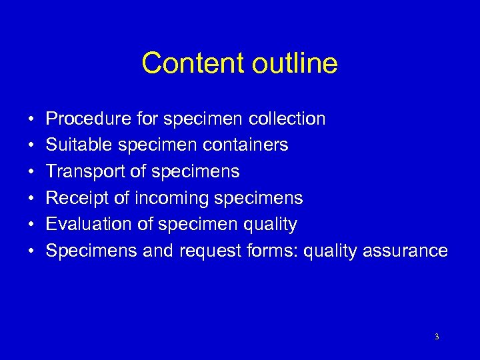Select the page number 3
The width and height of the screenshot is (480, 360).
tap(437, 337)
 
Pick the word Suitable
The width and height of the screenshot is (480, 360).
tap(76, 145)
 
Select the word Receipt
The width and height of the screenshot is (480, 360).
tap(75, 198)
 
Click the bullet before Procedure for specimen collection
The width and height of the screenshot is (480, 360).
tap(32, 119)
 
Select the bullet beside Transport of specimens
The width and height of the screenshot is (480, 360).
tap(32, 172)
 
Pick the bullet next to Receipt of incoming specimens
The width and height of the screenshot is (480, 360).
tap(32, 199)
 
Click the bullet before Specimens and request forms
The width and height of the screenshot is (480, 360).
tap(32, 251)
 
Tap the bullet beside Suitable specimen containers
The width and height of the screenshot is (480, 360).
tap(32, 145)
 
